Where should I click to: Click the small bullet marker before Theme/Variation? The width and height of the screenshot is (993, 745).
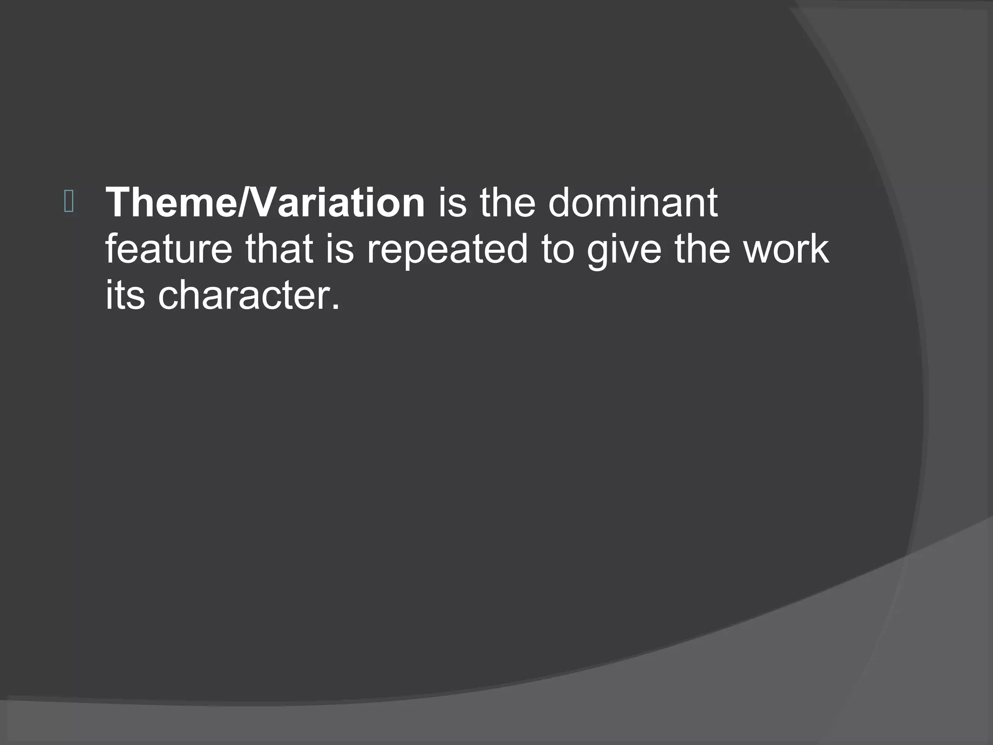click(68, 202)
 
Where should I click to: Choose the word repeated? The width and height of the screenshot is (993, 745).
click(447, 250)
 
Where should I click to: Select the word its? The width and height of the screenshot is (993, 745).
click(125, 296)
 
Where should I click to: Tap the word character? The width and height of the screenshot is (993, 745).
click(245, 296)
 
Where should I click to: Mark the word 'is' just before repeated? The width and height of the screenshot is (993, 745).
click(339, 249)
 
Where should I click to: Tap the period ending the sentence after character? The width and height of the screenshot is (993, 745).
click(336, 307)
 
